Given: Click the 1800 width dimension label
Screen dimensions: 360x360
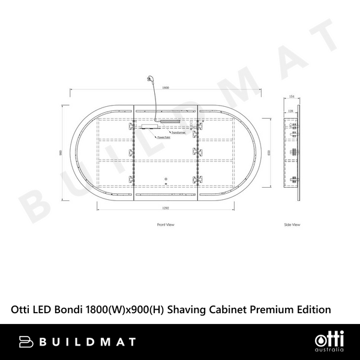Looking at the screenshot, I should click(166, 88).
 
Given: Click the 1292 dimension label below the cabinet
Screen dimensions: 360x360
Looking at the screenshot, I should click(166, 208).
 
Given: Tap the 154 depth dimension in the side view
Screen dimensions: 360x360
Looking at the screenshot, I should click(292, 96).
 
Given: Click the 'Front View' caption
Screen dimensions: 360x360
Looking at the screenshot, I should click(165, 224).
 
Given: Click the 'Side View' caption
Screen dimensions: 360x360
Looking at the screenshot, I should click(292, 224).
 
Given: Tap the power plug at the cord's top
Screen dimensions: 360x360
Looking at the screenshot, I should click(148, 79).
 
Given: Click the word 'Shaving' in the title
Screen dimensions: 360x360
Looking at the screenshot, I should click(187, 310).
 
